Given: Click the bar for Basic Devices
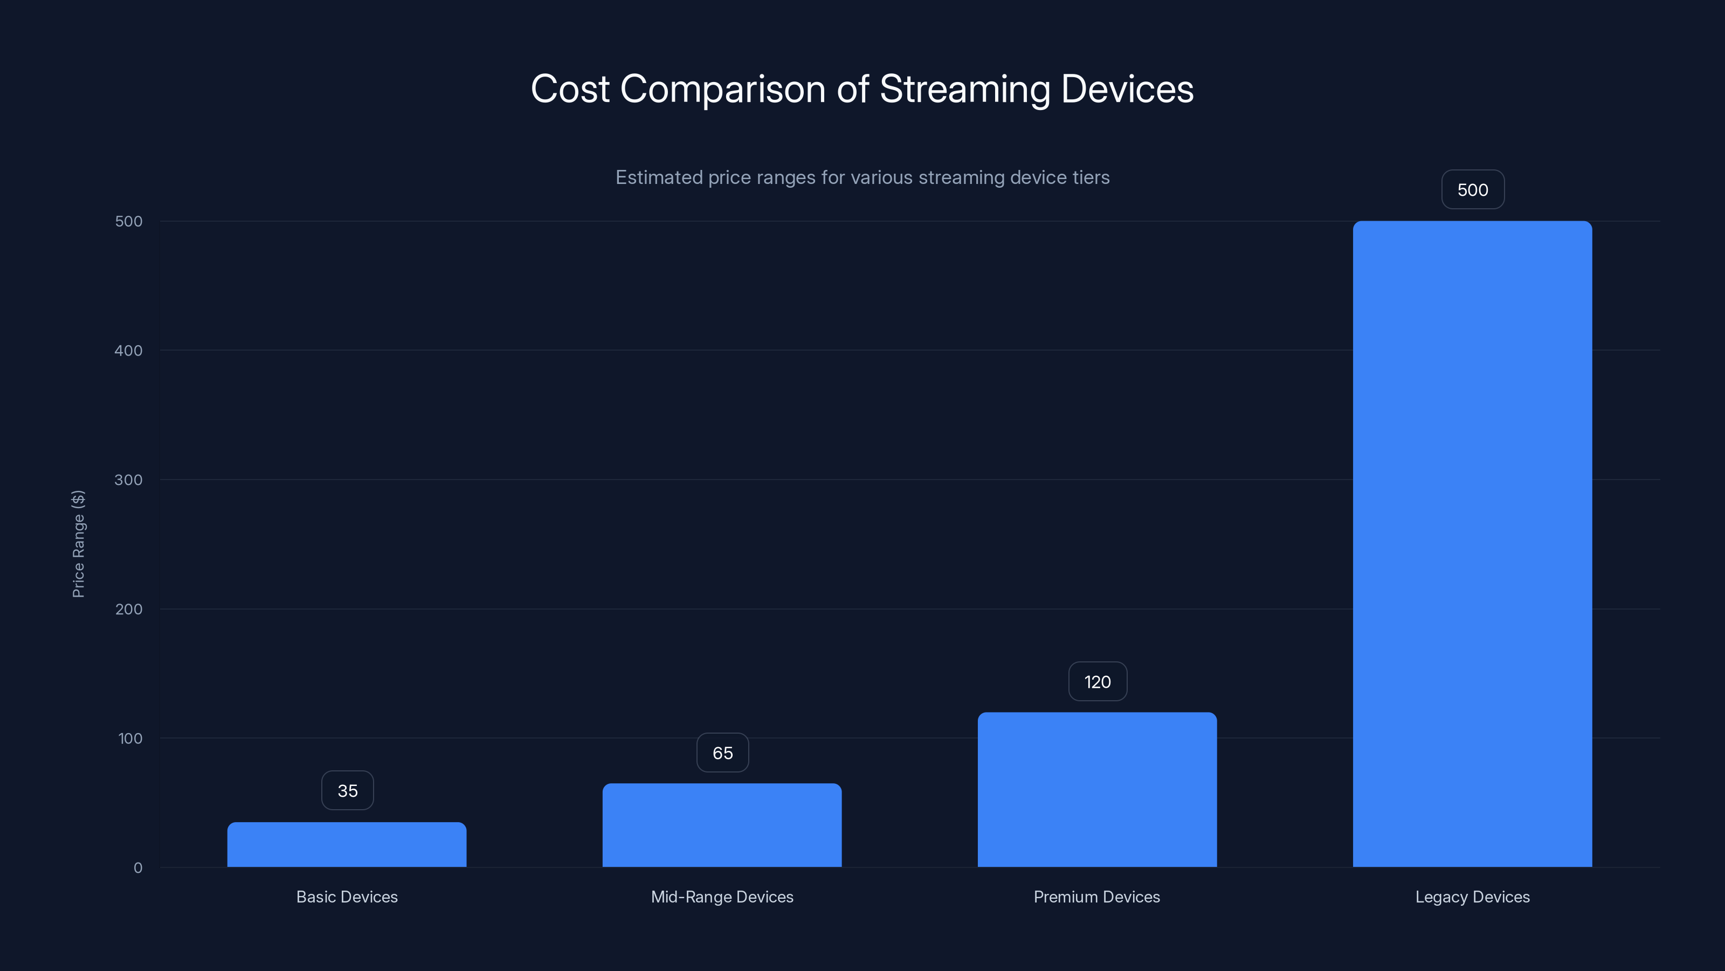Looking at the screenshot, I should click(x=347, y=844).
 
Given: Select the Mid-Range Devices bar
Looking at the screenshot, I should click(x=722, y=825).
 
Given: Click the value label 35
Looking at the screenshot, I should click(x=348, y=791).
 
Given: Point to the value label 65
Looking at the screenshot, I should click(x=722, y=753).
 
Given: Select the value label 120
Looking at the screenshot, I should click(x=1098, y=682).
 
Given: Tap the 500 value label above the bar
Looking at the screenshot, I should click(x=1473, y=190).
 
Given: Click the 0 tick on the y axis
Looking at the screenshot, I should click(x=138, y=868).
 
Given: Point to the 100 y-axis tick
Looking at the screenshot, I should click(x=130, y=738).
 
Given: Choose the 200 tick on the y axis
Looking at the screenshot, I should click(x=129, y=609).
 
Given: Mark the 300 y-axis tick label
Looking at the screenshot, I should click(x=129, y=480).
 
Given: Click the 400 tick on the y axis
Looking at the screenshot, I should click(x=129, y=351).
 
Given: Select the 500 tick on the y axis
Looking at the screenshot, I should click(x=129, y=221).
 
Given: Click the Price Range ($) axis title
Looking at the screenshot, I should click(x=78, y=543).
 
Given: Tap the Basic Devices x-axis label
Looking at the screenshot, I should click(x=347, y=897).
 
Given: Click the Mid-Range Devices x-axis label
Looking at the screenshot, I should click(x=722, y=897).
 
